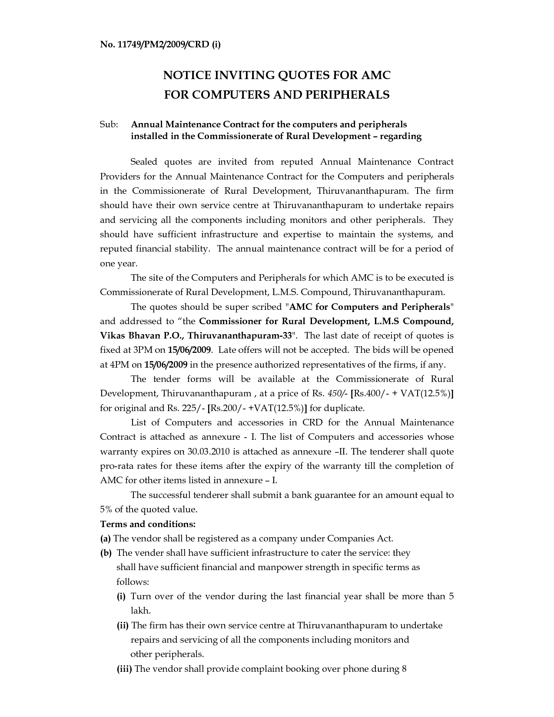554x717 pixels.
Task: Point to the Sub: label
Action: click(x=109, y=125)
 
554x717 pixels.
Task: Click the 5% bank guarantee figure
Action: click(x=106, y=509)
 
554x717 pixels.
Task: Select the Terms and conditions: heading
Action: click(x=148, y=524)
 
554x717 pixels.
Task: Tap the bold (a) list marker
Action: click(x=106, y=538)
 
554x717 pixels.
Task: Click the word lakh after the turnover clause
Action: click(x=140, y=611)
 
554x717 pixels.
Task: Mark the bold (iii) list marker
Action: click(x=124, y=669)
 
